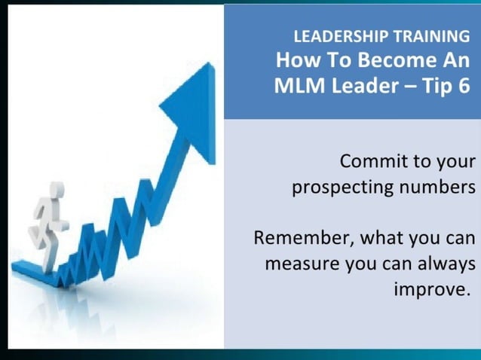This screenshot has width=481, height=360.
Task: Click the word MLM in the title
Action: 297,85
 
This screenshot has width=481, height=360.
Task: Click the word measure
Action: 302,264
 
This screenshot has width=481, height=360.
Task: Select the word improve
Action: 427,290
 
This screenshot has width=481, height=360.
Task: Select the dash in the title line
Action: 406,86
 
